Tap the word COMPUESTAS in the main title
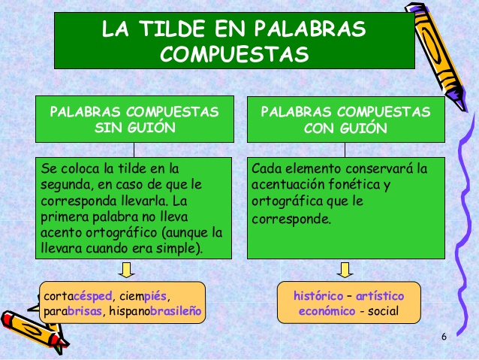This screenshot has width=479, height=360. tap(234, 54)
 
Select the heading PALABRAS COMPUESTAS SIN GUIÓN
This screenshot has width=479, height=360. tap(134, 119)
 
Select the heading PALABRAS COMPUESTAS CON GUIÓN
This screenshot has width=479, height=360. tap(346, 119)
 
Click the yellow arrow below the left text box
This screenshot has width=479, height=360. tap(126, 269)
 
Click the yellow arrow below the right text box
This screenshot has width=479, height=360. tap(345, 269)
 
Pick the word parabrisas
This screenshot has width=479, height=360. tap(74, 311)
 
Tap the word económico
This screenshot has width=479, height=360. tap(327, 311)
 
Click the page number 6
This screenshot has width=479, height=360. tap(444, 336)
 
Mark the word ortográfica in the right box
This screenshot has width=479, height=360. tap(285, 201)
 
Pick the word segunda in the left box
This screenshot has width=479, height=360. tap(64, 185)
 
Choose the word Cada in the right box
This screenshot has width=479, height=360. tap(266, 168)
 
